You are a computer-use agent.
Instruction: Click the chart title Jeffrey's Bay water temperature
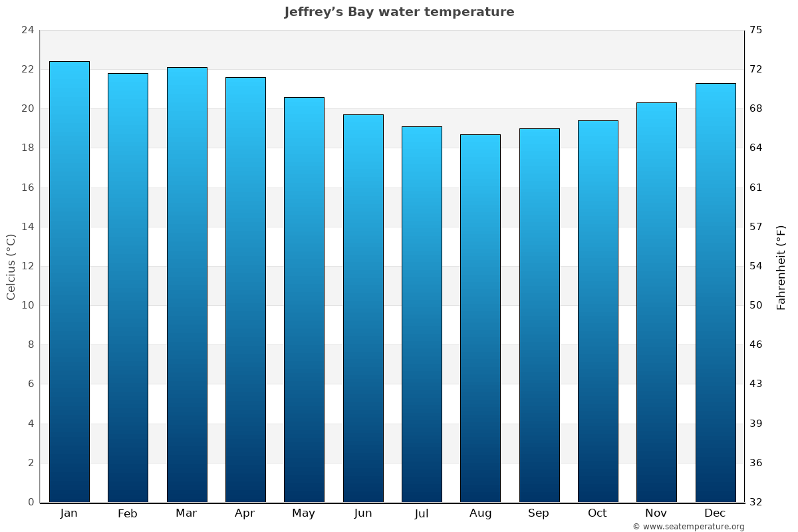(x=399, y=12)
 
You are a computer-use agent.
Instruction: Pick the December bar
(x=716, y=293)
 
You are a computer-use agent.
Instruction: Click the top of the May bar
(x=304, y=98)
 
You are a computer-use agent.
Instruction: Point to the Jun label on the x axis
(x=363, y=513)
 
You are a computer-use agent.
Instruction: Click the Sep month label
(x=539, y=513)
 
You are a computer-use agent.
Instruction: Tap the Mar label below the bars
(x=186, y=513)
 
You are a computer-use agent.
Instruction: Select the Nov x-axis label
(x=656, y=513)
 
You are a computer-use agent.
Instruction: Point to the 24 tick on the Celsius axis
(x=27, y=30)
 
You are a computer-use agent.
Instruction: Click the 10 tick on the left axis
(x=27, y=305)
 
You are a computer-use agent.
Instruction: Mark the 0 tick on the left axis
(x=31, y=502)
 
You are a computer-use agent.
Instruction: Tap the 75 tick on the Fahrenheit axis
(x=756, y=30)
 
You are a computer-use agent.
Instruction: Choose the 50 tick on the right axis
(x=756, y=305)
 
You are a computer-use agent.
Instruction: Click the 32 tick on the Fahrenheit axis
(x=756, y=502)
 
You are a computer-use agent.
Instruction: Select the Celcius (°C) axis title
(x=11, y=266)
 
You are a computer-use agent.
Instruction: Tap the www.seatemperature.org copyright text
(x=688, y=527)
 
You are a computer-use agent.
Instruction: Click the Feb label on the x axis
(x=127, y=513)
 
